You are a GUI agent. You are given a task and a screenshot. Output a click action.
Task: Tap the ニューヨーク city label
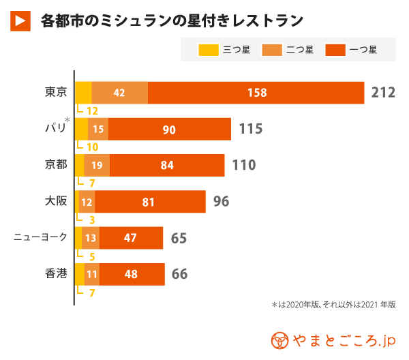pyautogui.click(x=41, y=237)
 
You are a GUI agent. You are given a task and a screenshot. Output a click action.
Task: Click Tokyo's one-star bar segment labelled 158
pyautogui.click(x=256, y=93)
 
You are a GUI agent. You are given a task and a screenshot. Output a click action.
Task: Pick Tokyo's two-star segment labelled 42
pyautogui.click(x=119, y=93)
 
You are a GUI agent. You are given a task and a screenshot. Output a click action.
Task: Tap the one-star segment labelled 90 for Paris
pyautogui.click(x=169, y=129)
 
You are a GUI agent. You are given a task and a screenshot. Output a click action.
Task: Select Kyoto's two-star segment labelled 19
pyautogui.click(x=97, y=165)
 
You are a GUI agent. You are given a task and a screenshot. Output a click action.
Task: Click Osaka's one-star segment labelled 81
pyautogui.click(x=149, y=202)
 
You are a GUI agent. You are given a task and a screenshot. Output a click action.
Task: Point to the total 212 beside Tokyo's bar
pyautogui.click(x=383, y=93)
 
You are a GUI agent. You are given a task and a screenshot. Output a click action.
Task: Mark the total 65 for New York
pyautogui.click(x=179, y=238)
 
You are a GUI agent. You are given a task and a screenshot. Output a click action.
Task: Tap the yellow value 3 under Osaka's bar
pyautogui.click(x=91, y=220)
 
